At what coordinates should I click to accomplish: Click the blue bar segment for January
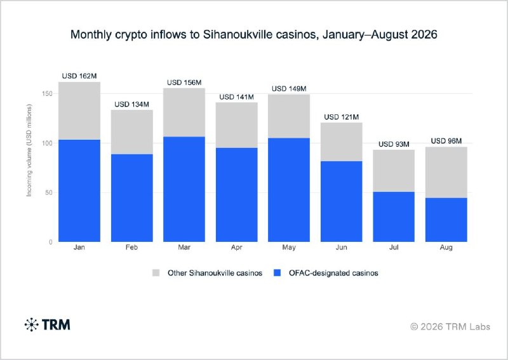(79, 190)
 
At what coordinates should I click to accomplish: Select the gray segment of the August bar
(446, 173)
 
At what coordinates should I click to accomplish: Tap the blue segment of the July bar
(394, 217)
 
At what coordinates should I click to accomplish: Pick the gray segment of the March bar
(184, 112)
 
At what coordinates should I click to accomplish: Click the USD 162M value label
(79, 76)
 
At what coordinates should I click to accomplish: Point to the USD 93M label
(394, 144)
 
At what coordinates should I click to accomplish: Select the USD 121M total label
(342, 117)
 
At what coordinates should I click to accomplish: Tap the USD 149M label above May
(289, 89)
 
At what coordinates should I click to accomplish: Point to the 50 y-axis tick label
(49, 192)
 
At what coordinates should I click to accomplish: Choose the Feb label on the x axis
(131, 247)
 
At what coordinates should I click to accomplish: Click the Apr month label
(236, 248)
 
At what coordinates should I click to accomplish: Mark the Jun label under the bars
(342, 247)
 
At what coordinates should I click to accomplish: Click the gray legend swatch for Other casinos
(156, 273)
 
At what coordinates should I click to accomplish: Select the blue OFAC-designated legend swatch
(277, 273)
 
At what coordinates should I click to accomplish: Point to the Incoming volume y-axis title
(29, 150)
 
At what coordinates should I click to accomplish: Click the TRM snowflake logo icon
(31, 324)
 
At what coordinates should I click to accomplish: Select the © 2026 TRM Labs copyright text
(450, 326)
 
